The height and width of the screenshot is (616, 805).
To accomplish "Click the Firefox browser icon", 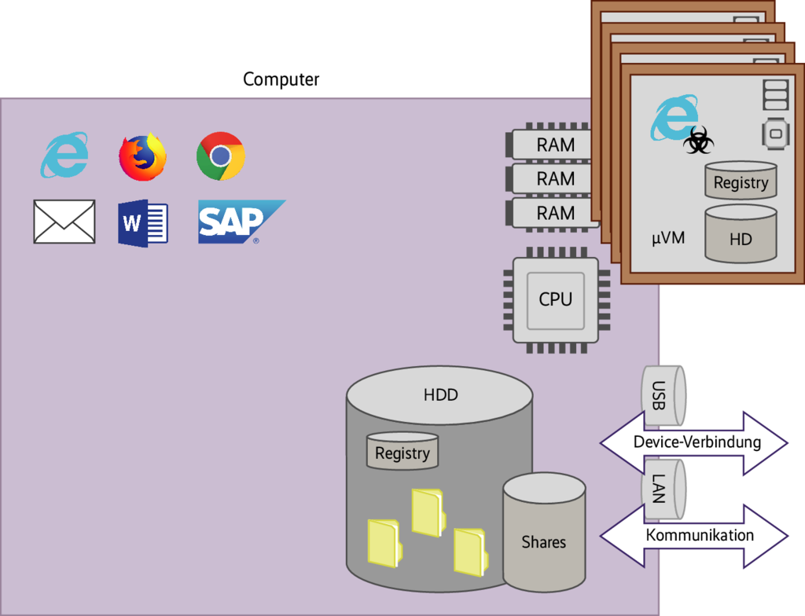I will [142, 157].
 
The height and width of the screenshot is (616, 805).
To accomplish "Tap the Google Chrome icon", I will [220, 156].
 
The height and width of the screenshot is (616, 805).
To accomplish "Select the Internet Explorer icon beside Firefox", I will [64, 155].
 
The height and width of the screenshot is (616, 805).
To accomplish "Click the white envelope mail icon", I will [64, 222].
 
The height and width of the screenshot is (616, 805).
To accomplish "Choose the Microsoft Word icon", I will [143, 224].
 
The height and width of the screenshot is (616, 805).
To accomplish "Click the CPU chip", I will [556, 299].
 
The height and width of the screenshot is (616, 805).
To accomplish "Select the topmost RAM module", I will [555, 145].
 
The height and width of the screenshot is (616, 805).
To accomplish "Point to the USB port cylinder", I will [663, 390].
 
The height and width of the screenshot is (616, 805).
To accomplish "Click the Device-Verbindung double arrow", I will [695, 442].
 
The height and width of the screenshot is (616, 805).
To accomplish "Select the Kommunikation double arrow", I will [695, 536].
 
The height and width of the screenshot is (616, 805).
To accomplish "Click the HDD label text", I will [440, 395].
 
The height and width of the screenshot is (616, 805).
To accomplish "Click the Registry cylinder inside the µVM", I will [741, 181].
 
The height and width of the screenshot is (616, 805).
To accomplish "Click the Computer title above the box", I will [281, 79].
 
